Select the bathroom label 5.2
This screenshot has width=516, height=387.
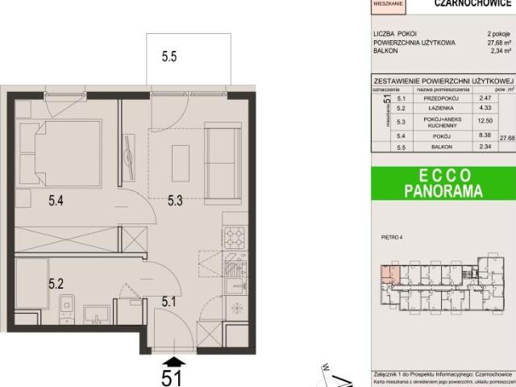pos(55,283)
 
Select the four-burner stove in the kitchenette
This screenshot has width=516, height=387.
pos(234,237)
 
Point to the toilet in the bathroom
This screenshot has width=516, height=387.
pos(67,306)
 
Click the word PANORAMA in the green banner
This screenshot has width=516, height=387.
pos(443,192)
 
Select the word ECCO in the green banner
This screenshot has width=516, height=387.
pos(443,177)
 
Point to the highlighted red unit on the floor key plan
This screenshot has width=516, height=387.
pos(390,275)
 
